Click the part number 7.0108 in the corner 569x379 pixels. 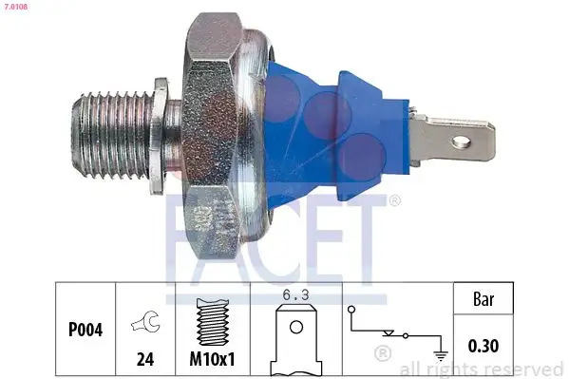pos(16,7)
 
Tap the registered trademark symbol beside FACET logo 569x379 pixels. pos(394,200)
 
